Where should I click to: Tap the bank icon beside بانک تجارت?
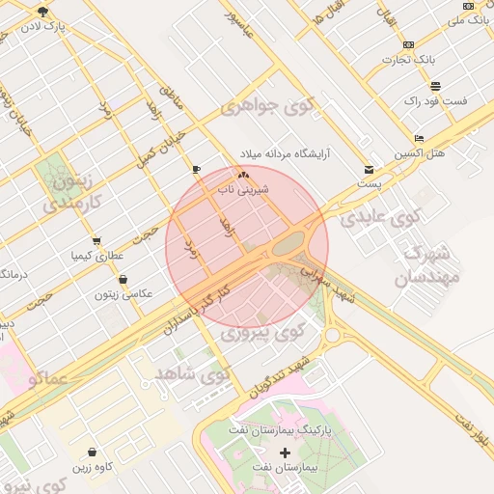(x=409, y=45)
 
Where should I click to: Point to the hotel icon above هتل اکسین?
(x=418, y=138)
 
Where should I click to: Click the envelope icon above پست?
(x=369, y=170)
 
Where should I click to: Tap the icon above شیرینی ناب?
(x=243, y=176)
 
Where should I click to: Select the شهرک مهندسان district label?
(x=425, y=267)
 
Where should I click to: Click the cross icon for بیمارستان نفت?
(x=285, y=453)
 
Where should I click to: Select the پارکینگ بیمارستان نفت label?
(x=284, y=426)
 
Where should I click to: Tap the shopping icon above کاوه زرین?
(x=92, y=452)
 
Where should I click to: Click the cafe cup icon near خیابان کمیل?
(x=197, y=169)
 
